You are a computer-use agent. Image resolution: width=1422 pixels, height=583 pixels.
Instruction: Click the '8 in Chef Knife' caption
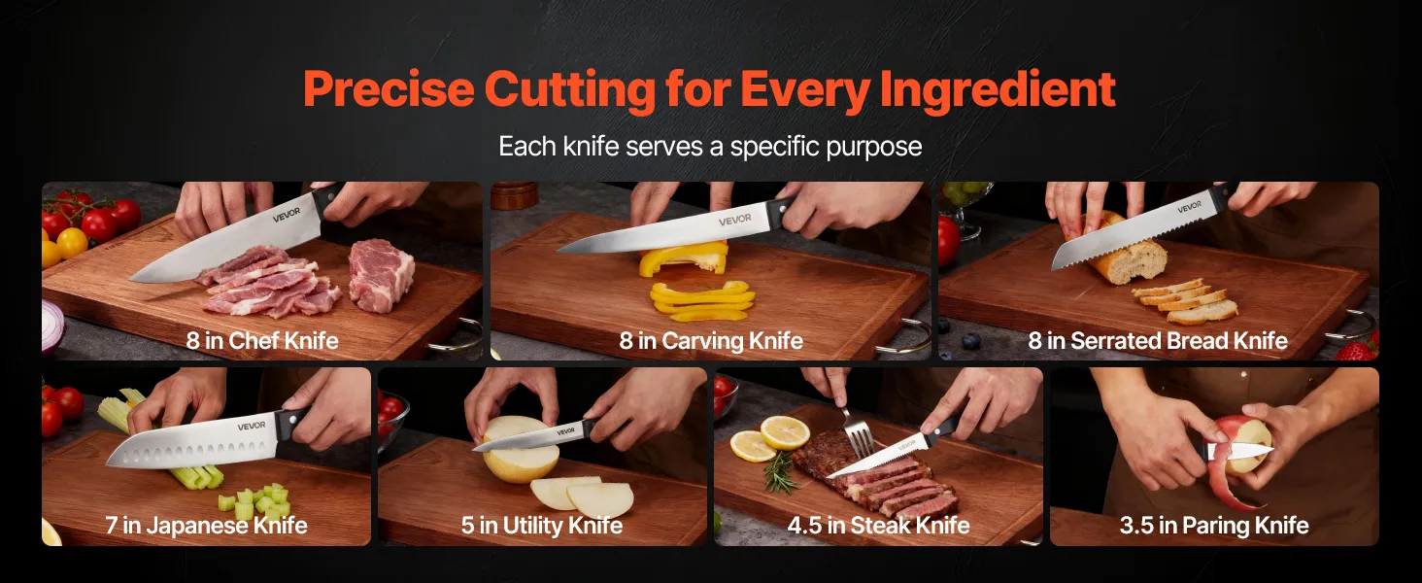click(x=262, y=340)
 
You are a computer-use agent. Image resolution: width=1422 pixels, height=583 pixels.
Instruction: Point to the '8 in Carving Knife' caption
click(x=711, y=341)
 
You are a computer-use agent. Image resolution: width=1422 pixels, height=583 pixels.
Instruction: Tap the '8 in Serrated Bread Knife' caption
click(x=1158, y=341)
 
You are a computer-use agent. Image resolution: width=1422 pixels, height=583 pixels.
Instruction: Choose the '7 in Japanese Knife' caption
click(x=206, y=526)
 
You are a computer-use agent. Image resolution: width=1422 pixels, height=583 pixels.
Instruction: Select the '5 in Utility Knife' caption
click(x=541, y=526)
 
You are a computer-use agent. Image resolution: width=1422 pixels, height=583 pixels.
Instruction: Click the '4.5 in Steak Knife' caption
click(x=879, y=526)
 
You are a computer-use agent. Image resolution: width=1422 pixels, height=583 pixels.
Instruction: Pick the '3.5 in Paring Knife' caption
click(x=1214, y=526)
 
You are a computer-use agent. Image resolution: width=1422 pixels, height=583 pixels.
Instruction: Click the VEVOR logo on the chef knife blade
click(x=287, y=215)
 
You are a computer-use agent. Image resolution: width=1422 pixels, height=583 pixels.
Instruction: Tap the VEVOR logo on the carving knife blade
click(x=735, y=220)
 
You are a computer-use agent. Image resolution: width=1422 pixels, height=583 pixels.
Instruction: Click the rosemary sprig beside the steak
click(x=782, y=473)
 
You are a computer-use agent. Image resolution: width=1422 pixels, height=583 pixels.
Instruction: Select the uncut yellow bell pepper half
click(x=683, y=257)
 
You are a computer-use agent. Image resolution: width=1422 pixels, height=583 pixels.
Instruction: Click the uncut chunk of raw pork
click(x=381, y=274)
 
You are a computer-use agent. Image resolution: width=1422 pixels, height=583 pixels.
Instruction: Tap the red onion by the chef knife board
click(x=52, y=326)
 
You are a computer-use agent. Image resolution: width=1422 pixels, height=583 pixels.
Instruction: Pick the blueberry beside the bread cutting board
click(x=970, y=341)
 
